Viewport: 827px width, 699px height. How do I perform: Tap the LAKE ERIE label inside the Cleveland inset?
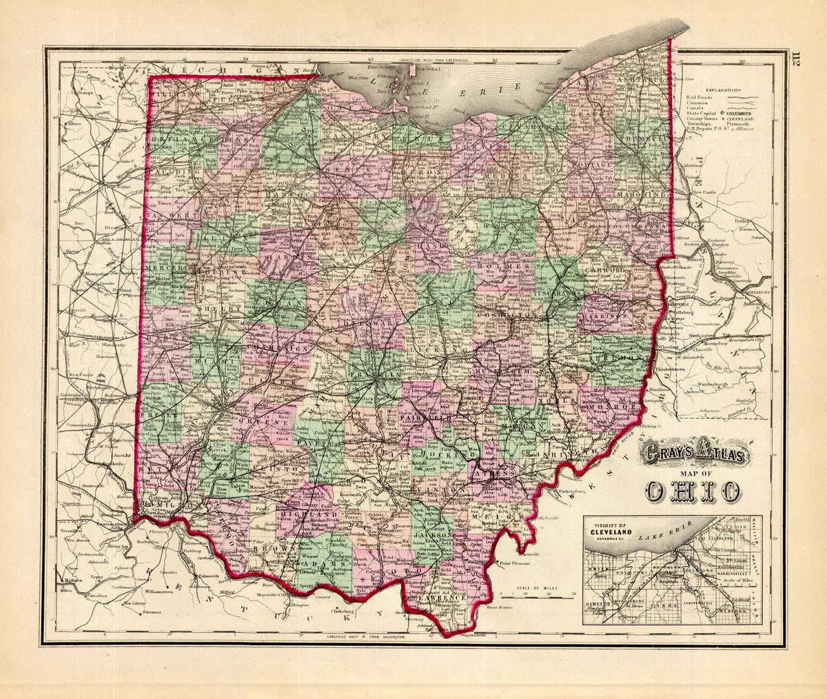660,531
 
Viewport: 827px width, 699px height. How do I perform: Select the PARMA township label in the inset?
671,607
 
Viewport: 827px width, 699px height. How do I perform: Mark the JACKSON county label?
433,534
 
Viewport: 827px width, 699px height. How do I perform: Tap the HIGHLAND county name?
315,514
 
